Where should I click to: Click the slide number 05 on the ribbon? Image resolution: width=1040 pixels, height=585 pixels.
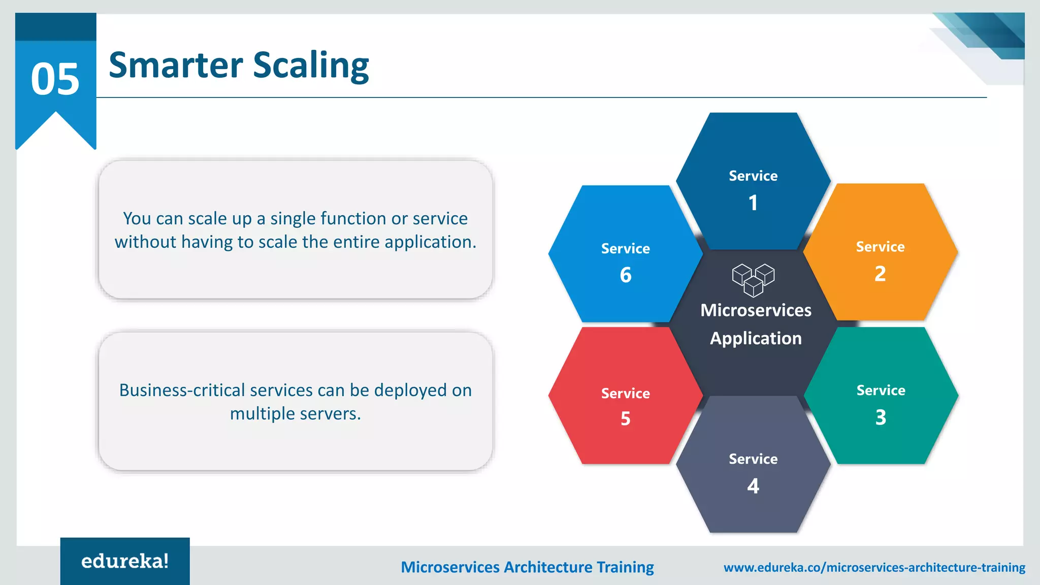55,79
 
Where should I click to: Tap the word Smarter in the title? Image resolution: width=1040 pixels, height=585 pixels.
176,66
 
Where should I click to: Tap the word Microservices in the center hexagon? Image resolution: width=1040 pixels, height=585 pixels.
756,310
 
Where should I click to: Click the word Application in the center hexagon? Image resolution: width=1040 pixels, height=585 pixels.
756,338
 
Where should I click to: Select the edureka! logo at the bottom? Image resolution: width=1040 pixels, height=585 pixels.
125,561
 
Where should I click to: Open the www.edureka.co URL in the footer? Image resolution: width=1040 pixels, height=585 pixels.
874,567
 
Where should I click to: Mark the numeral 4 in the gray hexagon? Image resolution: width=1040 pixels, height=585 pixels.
753,486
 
